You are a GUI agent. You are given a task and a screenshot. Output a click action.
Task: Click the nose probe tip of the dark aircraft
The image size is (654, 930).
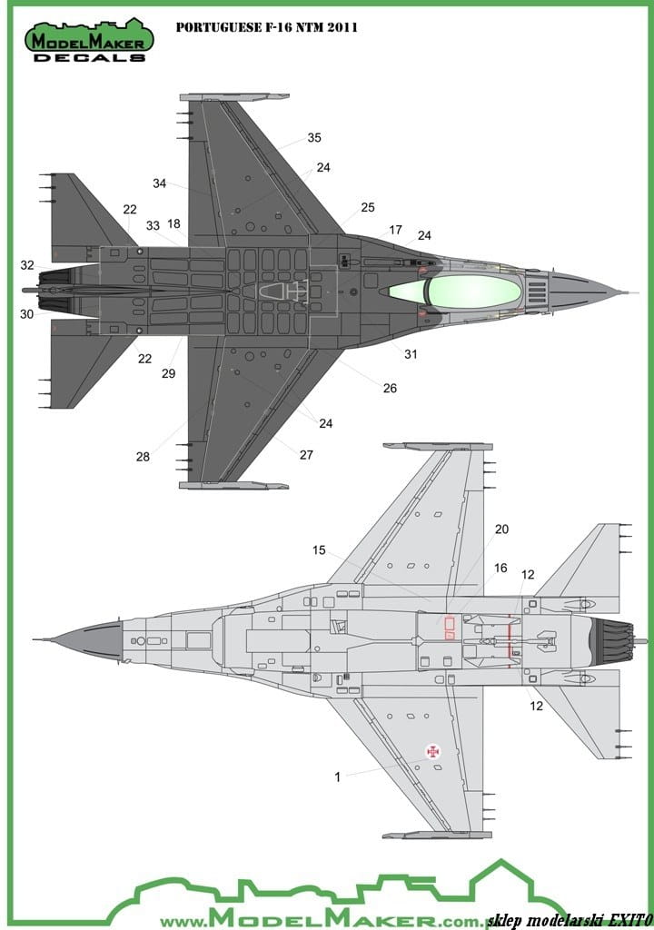coord(639,292)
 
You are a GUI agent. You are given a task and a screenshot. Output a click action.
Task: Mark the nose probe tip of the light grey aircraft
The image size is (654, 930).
coord(34,640)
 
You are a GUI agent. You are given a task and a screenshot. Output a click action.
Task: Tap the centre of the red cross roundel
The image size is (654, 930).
coord(434,751)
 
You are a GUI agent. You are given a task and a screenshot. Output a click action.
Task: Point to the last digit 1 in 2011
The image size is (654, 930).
coord(353,27)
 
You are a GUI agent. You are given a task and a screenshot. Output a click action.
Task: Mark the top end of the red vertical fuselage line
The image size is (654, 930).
coord(510,619)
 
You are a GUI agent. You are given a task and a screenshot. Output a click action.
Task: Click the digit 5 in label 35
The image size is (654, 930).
coord(318,138)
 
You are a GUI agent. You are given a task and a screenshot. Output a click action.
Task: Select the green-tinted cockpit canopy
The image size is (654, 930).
coord(453,292)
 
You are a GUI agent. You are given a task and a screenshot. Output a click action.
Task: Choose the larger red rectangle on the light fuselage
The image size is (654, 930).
coord(450,623)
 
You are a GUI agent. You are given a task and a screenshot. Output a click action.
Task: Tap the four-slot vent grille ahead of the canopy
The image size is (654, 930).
coord(537,292)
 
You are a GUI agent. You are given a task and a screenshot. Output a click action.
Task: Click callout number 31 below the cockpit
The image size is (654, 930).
coord(411,354)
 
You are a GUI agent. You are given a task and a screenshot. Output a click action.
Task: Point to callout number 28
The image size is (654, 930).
coord(143,457)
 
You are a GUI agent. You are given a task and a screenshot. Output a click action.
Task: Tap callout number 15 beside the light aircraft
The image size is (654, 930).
coord(320,550)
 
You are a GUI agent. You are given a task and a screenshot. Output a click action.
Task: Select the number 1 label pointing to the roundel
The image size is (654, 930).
coord(338,777)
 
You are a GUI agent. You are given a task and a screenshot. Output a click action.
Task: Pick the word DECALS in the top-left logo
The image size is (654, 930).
coord(89,57)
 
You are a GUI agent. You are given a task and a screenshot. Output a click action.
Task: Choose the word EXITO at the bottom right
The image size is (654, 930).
coord(627,920)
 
